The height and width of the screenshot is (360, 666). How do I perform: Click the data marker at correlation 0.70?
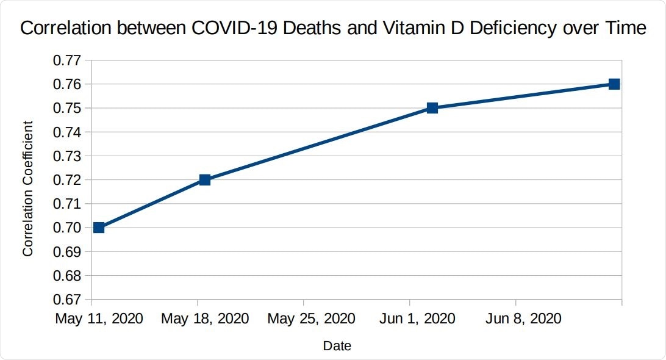click(x=99, y=228)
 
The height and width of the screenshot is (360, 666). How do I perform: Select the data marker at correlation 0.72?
click(x=205, y=179)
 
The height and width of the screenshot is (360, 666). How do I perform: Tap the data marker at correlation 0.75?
click(x=432, y=108)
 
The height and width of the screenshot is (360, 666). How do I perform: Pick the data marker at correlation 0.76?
click(x=614, y=84)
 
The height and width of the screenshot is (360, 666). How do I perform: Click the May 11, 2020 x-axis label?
click(x=99, y=319)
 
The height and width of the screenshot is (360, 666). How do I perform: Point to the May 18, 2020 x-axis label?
click(x=205, y=319)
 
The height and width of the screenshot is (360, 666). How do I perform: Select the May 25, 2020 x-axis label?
click(x=311, y=319)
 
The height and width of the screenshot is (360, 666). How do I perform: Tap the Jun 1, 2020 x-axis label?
click(x=417, y=319)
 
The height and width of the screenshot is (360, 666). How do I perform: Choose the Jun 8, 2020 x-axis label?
click(x=523, y=319)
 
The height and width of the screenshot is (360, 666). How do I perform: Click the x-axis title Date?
click(x=337, y=346)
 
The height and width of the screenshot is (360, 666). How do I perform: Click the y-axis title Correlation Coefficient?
click(x=28, y=188)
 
